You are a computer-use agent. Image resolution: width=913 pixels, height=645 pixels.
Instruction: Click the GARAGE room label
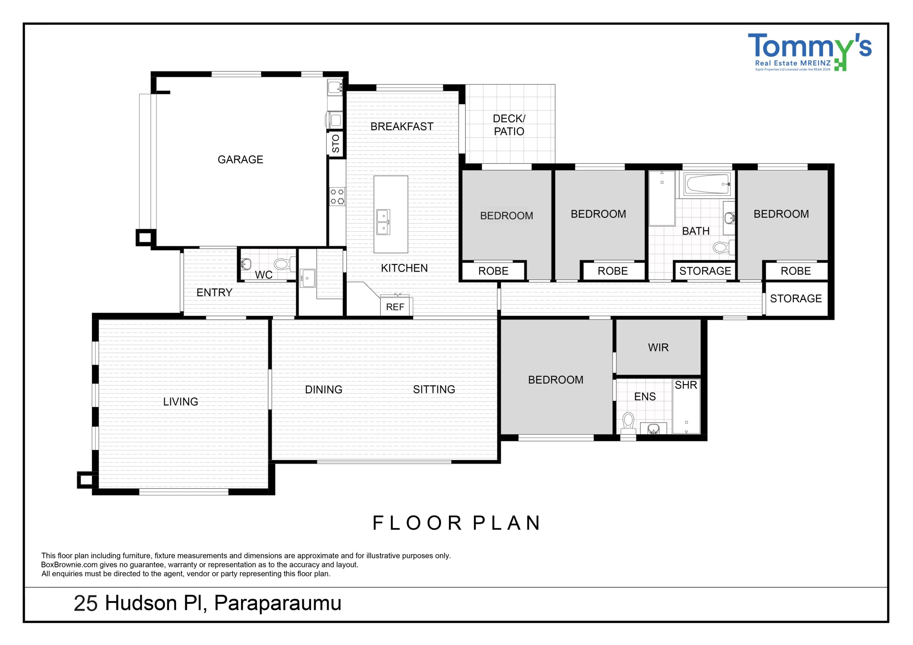pos(240,159)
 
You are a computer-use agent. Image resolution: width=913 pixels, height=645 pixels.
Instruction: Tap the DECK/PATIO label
pos(509,125)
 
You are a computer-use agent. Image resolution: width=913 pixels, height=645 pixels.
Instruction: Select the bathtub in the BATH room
pos(708,184)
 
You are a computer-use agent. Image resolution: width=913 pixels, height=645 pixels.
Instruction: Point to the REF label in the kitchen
pos(395,307)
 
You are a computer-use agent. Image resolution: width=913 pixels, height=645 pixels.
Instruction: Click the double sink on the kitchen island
pos(383,222)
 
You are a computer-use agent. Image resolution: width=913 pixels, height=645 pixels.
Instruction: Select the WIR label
pos(658,348)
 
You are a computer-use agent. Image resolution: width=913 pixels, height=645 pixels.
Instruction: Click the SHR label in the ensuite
pos(686,385)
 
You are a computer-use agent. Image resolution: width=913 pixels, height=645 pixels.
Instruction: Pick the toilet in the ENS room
pos(628,424)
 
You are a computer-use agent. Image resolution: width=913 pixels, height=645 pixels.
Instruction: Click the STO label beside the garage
pos(336,143)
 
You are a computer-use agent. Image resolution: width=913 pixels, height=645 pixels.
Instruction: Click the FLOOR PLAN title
pos(456,523)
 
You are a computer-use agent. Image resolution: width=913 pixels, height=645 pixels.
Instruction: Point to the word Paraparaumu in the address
pos(278,603)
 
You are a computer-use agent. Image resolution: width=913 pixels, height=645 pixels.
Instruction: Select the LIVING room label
pos(180,401)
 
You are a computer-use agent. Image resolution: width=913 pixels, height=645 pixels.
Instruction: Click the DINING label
pos(324,389)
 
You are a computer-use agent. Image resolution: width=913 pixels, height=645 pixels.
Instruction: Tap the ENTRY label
pos(214,292)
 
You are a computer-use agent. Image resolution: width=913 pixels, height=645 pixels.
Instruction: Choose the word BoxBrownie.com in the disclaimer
pos(69,565)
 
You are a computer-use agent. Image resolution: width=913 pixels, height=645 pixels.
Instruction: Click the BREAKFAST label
pos(402,127)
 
